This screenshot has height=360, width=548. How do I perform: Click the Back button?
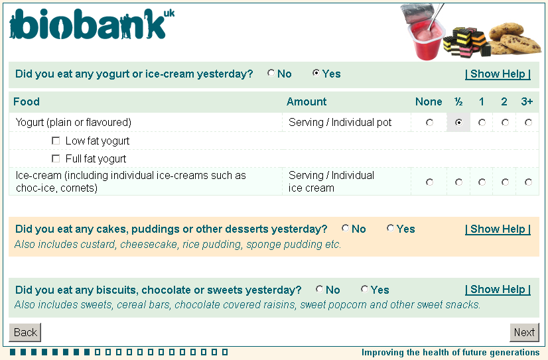pyautogui.click(x=25, y=332)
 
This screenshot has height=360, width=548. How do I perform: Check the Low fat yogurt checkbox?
pyautogui.click(x=56, y=141)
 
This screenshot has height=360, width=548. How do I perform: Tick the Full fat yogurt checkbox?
pyautogui.click(x=56, y=159)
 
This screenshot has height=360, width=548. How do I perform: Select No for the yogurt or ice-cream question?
pyautogui.click(x=271, y=73)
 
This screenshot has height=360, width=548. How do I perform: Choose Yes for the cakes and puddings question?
pyautogui.click(x=390, y=228)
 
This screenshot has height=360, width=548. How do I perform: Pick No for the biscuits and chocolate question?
pyautogui.click(x=319, y=289)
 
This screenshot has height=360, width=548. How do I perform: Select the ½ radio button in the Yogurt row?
pyautogui.click(x=458, y=123)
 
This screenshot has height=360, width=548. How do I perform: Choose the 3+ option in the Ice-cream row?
pyautogui.click(x=528, y=182)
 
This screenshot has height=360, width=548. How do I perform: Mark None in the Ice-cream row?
pyautogui.click(x=429, y=182)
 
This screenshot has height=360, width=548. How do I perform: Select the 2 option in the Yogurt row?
pyautogui.click(x=505, y=123)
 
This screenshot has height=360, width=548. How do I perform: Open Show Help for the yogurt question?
pyautogui.click(x=498, y=74)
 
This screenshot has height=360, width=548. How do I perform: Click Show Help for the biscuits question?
pyautogui.click(x=498, y=290)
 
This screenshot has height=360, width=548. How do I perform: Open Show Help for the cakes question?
pyautogui.click(x=498, y=229)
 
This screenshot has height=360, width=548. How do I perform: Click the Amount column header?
pyautogui.click(x=307, y=101)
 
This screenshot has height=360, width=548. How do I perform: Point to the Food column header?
pyautogui.click(x=27, y=101)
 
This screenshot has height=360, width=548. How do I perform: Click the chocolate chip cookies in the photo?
pyautogui.click(x=514, y=38)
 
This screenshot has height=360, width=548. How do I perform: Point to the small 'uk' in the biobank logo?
pyautogui.click(x=169, y=14)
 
